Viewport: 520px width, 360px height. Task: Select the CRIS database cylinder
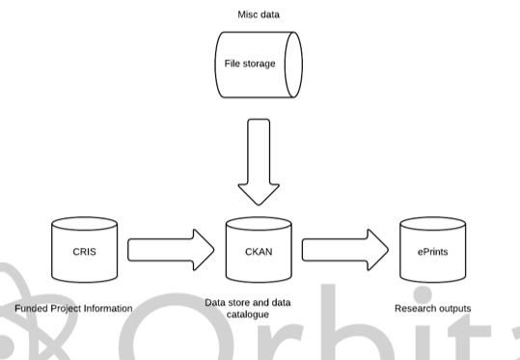tap(83, 250)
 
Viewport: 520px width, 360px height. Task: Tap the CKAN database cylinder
tap(259, 250)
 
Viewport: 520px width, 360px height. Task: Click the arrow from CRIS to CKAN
tap(171, 250)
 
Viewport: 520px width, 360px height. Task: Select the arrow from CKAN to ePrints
tap(345, 250)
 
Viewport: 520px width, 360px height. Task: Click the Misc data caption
tap(258, 15)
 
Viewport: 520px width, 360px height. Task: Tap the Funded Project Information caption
tap(73, 309)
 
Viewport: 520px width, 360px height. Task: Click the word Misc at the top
tap(247, 15)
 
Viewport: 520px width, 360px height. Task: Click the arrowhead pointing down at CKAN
tap(259, 192)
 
